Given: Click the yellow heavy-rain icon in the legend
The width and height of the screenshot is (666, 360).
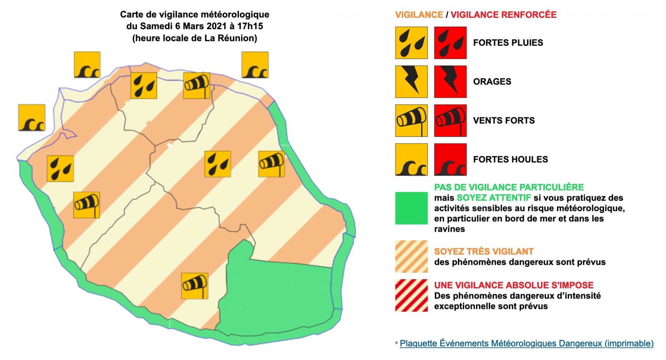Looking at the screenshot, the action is click(411, 43).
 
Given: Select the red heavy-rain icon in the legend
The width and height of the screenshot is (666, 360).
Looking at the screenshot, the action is click(450, 43).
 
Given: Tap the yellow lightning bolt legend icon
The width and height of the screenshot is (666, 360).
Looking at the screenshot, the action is click(411, 82).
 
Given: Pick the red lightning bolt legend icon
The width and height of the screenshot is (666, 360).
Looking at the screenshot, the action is click(450, 82).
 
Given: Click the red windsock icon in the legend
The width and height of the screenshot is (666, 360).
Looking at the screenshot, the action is click(450, 121).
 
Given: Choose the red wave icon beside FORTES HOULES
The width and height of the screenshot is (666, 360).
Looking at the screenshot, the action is click(450, 160).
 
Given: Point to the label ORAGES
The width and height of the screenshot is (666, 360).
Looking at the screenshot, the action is click(492, 82).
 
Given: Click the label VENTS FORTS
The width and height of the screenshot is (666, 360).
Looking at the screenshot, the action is click(504, 120).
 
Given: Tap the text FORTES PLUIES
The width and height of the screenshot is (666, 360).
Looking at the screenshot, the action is click(508, 42).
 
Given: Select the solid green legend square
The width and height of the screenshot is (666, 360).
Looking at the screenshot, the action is click(411, 208).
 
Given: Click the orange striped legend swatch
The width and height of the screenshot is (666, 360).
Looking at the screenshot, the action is click(411, 256).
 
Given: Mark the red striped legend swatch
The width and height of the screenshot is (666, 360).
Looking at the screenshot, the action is click(411, 295).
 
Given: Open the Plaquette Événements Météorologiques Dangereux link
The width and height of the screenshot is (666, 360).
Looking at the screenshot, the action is click(527, 343).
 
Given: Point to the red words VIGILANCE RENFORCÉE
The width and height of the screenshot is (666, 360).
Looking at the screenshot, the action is click(503, 15).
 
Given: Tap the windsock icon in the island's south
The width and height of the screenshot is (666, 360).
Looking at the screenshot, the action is click(195, 286).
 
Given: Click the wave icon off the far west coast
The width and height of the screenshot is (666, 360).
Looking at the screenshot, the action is click(32, 118).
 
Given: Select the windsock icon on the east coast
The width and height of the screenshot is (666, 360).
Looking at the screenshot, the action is click(271, 164).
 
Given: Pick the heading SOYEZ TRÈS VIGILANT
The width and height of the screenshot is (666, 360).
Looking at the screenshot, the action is click(484, 251).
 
